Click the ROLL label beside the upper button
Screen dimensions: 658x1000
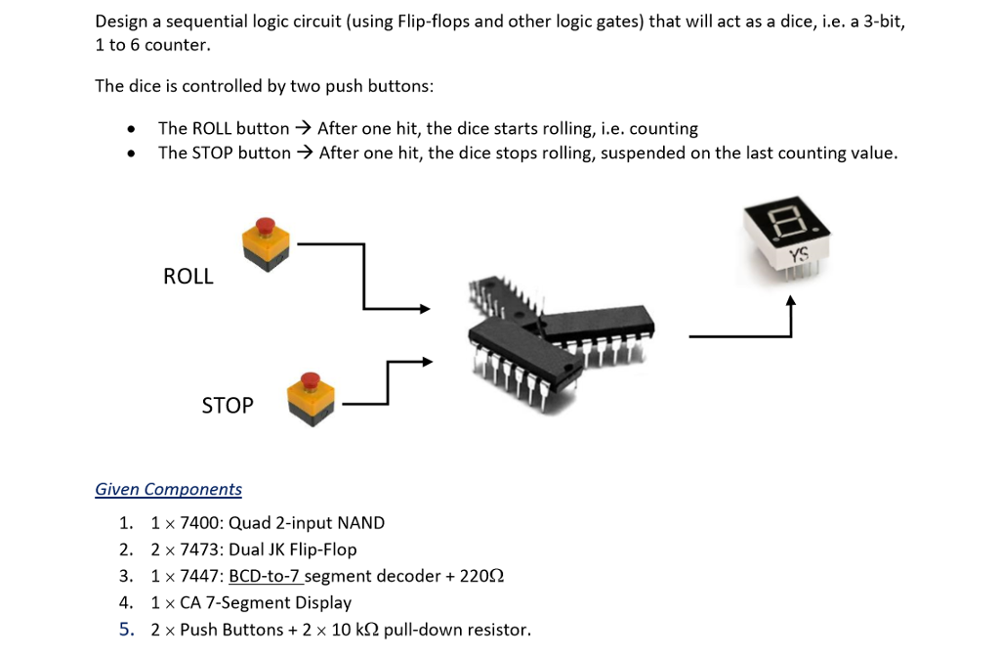coord(187,277)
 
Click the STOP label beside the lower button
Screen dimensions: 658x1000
coord(227,405)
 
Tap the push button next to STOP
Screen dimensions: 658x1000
coord(311,397)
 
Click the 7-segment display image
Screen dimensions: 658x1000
coord(787,235)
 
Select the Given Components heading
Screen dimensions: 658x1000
coord(168,489)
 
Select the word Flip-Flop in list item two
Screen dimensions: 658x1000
coord(323,549)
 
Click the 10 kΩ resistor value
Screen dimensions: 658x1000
coord(354,630)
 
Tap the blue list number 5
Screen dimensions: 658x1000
coord(126,630)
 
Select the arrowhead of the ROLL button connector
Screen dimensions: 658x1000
coord(424,309)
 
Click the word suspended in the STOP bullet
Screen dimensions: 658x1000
coord(643,153)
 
